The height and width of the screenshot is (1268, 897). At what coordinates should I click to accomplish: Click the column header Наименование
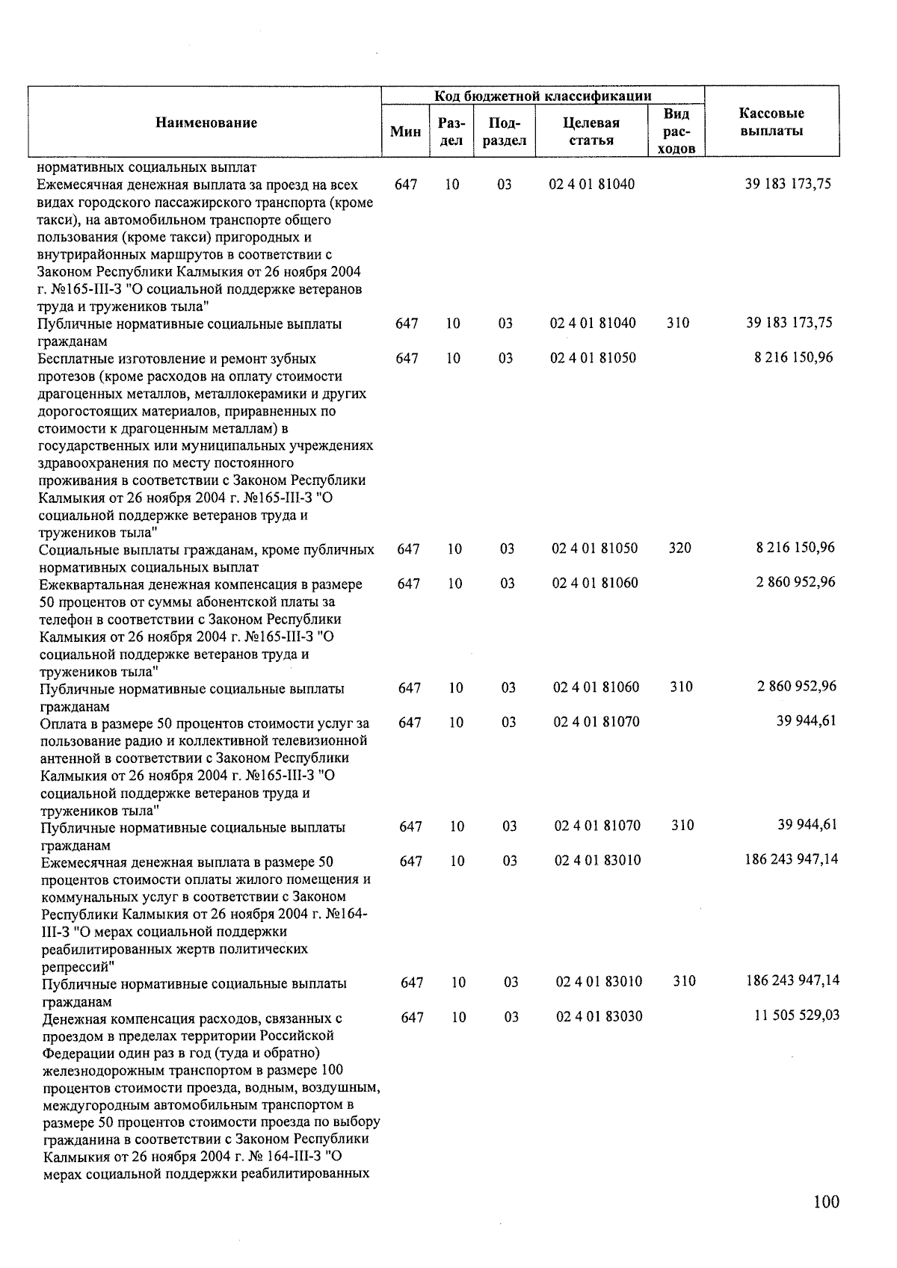click(206, 123)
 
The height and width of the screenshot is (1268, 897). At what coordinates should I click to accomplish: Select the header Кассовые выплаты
click(771, 123)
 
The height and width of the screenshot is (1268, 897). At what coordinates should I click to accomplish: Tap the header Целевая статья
click(591, 132)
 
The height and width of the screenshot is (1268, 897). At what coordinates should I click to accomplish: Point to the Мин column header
click(406, 132)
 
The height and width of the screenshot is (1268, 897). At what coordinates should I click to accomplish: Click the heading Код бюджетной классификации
click(543, 96)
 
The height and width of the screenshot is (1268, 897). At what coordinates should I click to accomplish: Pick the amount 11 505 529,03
click(797, 1015)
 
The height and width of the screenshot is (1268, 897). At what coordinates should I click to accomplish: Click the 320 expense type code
click(679, 548)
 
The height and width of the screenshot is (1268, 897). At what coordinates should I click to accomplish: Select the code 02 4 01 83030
click(599, 1016)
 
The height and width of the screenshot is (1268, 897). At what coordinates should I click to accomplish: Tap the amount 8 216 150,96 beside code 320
click(795, 548)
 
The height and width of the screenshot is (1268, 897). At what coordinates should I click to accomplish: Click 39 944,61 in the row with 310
click(807, 825)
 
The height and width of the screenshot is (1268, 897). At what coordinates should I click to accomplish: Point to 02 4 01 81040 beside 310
click(593, 323)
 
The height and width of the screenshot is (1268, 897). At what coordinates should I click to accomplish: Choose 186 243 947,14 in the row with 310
click(792, 980)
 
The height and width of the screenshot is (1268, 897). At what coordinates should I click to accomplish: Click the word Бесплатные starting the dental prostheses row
click(73, 359)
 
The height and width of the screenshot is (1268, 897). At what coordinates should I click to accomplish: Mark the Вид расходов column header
click(676, 131)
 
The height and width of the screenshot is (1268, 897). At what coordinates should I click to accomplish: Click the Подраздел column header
click(505, 132)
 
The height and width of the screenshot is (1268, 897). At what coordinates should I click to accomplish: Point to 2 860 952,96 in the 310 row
click(797, 687)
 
